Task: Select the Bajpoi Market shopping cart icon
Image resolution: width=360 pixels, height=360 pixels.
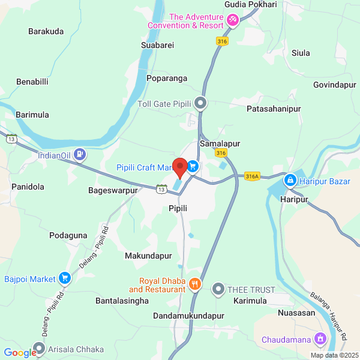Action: pos(65,278)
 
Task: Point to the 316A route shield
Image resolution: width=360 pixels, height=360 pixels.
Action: pos(252,176)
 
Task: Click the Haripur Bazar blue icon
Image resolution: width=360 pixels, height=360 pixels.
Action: pos(290,179)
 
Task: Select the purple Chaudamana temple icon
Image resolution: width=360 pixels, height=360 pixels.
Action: pos(320,340)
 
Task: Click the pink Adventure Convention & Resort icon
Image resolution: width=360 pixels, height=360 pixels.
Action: pos(233,21)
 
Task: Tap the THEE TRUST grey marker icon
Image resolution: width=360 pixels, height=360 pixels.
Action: pos(218,289)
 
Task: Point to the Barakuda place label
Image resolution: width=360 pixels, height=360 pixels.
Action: pos(46,32)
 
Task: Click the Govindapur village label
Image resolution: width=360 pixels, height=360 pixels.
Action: pos(334,85)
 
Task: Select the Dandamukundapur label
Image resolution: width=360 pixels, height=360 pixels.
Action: pos(188,316)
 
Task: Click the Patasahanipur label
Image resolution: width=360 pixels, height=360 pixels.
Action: pos(274,109)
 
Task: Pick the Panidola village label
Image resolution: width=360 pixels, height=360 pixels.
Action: pos(28,187)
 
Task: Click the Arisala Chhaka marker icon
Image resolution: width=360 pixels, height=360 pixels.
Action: pos(40,349)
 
